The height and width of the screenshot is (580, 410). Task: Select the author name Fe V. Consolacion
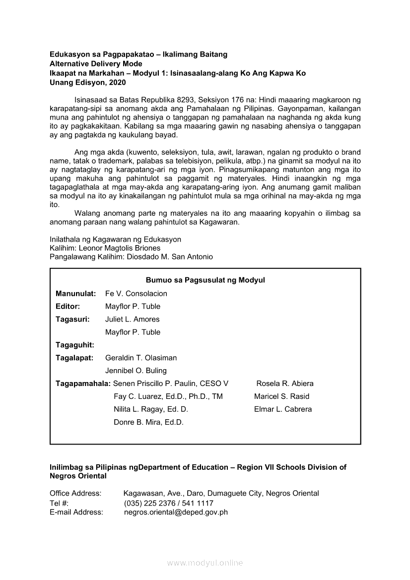tap(136, 293)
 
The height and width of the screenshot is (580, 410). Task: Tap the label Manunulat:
tap(75, 293)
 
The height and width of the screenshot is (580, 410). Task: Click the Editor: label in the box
tap(68, 306)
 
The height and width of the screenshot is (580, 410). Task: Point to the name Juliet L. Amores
tap(132, 319)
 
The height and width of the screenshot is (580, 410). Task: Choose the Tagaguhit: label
tap(74, 345)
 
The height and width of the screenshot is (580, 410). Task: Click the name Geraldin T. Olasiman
tap(141, 358)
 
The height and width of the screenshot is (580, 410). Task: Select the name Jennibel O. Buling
tap(136, 371)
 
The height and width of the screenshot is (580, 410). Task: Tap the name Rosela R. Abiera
tap(285, 384)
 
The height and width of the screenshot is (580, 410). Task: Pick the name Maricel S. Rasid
tap(281, 396)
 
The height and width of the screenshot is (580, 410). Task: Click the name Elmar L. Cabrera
tap(283, 409)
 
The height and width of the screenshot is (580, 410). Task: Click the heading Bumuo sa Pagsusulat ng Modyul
tap(205, 280)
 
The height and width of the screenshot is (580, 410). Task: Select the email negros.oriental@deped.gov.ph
tap(176, 512)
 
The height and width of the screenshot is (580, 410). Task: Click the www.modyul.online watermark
tap(205, 563)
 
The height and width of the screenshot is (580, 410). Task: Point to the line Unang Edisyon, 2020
tap(88, 82)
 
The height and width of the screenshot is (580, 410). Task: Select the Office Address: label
tap(75, 493)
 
